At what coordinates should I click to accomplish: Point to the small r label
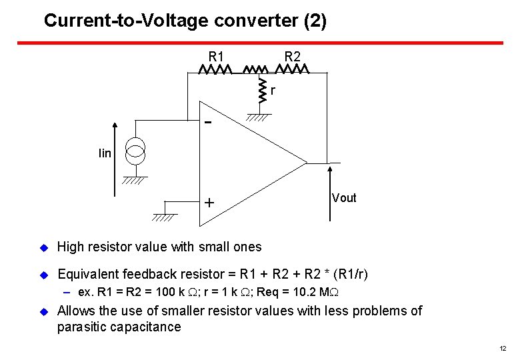coord(273,90)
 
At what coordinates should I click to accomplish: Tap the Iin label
coord(105,154)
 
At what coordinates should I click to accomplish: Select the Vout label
coord(344,198)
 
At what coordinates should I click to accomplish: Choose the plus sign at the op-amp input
coord(209,202)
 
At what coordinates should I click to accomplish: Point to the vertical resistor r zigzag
coord(261,91)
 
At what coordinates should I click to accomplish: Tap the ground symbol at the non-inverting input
coord(164,217)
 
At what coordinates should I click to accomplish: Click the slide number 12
coord(502,349)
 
